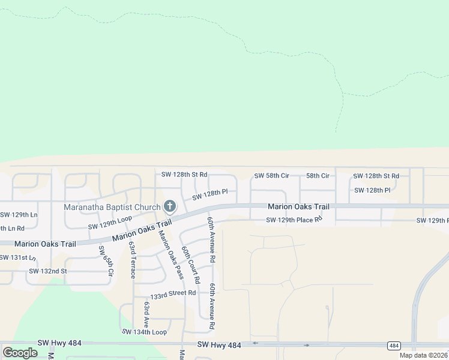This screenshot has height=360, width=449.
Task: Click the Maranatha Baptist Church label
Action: click(x=112, y=208)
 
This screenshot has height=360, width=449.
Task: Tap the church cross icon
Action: click(x=170, y=207)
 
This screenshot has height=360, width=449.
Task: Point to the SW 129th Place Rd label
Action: click(x=295, y=220)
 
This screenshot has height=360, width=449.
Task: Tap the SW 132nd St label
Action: click(x=48, y=271)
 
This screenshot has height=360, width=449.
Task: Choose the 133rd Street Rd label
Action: click(x=173, y=294)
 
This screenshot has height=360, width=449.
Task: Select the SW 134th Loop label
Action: click(x=144, y=332)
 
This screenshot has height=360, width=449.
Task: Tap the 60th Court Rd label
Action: click(x=190, y=265)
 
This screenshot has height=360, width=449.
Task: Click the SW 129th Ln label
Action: click(x=19, y=214)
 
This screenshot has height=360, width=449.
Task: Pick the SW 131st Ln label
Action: click(x=17, y=257)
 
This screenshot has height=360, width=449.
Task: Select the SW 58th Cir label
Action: click(x=272, y=176)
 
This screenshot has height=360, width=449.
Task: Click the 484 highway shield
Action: click(x=394, y=346)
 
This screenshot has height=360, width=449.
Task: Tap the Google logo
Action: click(x=20, y=353)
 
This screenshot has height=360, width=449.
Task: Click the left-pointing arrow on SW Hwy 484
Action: click(x=255, y=344)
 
